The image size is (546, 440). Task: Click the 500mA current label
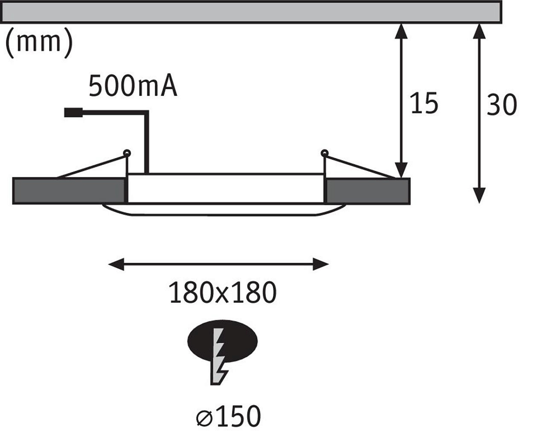[133, 87]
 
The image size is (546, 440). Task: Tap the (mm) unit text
[38, 44]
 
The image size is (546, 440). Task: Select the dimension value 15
[424, 103]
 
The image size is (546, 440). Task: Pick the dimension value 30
[501, 105]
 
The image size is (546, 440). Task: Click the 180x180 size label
[222, 292]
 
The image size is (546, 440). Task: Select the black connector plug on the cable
[73, 113]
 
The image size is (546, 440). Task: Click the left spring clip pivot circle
[127, 153]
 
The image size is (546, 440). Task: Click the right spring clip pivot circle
[324, 153]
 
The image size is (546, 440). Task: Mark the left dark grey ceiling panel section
[68, 191]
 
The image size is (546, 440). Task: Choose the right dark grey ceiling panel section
[368, 191]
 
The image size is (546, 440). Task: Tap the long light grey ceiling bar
[250, 12]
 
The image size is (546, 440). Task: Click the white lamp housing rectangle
[226, 188]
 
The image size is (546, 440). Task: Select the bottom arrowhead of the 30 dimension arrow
[479, 196]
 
